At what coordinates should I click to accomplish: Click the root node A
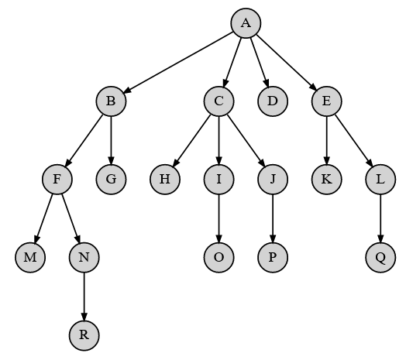point(246,23)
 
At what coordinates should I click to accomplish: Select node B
point(111,101)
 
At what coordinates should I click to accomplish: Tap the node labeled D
point(273,101)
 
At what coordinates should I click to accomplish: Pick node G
point(111,179)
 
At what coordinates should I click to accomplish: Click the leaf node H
point(165,179)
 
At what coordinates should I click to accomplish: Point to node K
point(326,179)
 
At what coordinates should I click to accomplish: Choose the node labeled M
point(30,258)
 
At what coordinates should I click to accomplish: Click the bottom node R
point(84,335)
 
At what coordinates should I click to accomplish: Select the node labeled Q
point(380,258)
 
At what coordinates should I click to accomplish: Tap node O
point(218,258)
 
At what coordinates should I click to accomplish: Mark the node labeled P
point(273,258)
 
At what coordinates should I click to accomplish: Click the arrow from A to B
point(178,63)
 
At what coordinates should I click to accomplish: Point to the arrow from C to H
point(192,140)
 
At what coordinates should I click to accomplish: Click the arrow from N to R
point(84,297)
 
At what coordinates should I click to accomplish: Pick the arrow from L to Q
point(380,218)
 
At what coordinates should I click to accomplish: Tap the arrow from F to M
point(43,218)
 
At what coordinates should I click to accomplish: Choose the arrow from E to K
point(326,140)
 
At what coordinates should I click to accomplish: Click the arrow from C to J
point(246,140)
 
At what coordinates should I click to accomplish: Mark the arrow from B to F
point(84,140)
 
